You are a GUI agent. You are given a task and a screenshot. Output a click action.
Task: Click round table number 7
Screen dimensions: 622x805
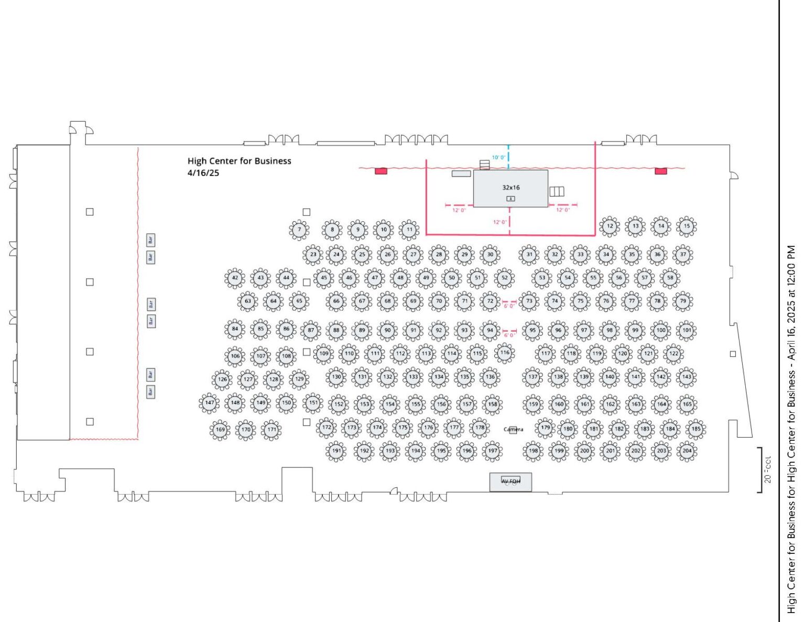(x=299, y=230)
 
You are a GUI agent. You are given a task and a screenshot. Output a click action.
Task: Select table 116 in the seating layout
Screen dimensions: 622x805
(x=504, y=353)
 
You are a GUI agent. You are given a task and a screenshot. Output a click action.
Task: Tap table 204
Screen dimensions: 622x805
(x=687, y=450)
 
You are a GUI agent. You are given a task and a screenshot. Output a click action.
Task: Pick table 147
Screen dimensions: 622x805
(x=209, y=403)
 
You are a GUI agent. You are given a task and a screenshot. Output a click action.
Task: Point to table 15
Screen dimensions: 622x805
(x=687, y=226)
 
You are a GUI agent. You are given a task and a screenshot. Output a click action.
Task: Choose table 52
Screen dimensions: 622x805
(x=504, y=278)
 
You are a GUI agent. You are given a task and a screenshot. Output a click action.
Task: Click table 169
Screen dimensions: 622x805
(x=220, y=430)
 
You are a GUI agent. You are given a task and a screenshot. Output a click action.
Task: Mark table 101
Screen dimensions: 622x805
(x=687, y=330)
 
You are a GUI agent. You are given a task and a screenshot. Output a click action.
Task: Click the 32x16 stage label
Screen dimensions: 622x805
(x=511, y=187)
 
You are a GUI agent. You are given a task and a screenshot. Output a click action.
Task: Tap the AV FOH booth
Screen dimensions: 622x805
(x=510, y=482)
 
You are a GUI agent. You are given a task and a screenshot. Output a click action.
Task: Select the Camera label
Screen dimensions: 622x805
(x=513, y=430)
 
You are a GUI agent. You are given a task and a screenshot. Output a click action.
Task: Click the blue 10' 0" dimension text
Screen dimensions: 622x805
(x=498, y=157)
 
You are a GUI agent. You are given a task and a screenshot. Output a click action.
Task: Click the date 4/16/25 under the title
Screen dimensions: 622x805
(x=203, y=173)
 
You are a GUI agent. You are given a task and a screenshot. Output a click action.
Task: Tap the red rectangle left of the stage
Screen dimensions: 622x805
(x=381, y=171)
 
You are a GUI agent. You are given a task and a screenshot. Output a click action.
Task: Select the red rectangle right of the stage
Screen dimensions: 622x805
(x=661, y=171)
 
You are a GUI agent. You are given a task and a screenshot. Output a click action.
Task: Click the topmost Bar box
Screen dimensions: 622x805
(x=150, y=240)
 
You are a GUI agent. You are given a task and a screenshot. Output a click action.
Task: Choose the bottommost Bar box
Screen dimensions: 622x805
(x=150, y=391)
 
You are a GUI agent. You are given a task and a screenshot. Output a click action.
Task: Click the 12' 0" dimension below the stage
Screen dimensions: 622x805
(x=499, y=222)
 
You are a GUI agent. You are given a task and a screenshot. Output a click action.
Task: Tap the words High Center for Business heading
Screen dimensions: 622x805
(x=239, y=161)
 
